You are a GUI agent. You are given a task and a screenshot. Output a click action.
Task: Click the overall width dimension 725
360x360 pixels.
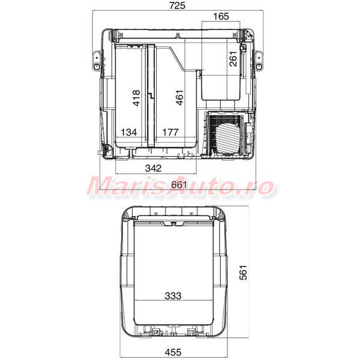[177, 5]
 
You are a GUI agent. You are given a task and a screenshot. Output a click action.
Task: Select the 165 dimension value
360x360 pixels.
[221, 16]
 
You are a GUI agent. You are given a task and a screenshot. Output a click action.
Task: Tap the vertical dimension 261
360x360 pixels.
[233, 59]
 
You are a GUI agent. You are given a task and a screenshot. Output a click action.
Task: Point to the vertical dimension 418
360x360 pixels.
[136, 98]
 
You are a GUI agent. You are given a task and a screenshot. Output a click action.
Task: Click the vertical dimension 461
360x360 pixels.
[179, 98]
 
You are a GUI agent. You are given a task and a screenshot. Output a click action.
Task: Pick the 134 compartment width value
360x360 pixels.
[129, 132]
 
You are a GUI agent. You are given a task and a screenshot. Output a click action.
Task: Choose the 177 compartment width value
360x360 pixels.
[170, 132]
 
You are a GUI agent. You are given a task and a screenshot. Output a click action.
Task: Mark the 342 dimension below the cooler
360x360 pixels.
[154, 168]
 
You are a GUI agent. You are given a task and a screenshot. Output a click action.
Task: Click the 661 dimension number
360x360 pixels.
[179, 185]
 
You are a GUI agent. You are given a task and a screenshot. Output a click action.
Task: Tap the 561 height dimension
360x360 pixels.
[243, 272]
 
